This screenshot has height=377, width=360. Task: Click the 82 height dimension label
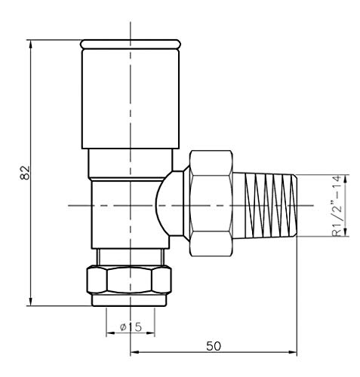(x=25, y=173)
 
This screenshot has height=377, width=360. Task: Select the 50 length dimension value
(x=214, y=346)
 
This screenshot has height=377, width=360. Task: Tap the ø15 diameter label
(x=131, y=327)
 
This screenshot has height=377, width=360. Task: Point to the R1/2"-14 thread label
(x=337, y=206)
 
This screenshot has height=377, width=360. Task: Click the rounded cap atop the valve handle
(x=131, y=44)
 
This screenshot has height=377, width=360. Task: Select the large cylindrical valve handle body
(x=131, y=99)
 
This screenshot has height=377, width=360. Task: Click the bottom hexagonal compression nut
(x=129, y=280)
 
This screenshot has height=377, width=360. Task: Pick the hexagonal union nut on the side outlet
(x=211, y=204)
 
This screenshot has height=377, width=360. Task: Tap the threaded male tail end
(x=265, y=205)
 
